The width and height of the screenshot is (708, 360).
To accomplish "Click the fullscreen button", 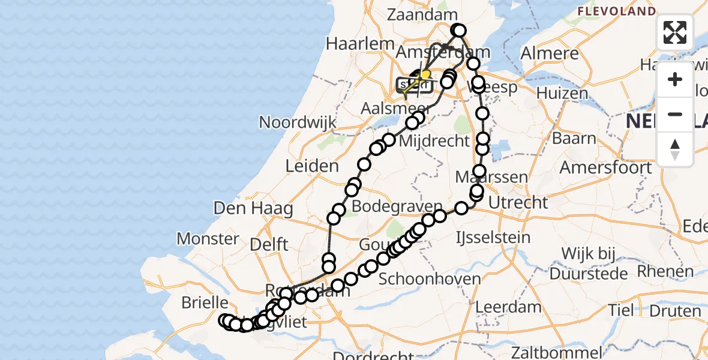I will click(675, 32).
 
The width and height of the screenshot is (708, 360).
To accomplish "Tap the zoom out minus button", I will click(675, 115).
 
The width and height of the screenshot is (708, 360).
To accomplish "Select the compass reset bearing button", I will click(675, 149).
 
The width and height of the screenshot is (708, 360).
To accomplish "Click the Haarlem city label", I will click(360, 44).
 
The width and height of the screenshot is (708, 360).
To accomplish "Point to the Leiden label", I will click(313, 166).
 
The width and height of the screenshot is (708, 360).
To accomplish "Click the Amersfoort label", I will click(605, 167).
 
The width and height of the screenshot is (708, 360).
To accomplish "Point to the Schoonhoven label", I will click(430, 279).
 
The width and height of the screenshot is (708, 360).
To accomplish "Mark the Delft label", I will click(269, 244).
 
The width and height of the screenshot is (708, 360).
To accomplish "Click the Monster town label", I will click(208, 239).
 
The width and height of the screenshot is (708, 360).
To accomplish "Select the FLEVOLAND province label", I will click(616, 11).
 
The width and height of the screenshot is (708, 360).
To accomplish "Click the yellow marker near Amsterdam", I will click(425, 75).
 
